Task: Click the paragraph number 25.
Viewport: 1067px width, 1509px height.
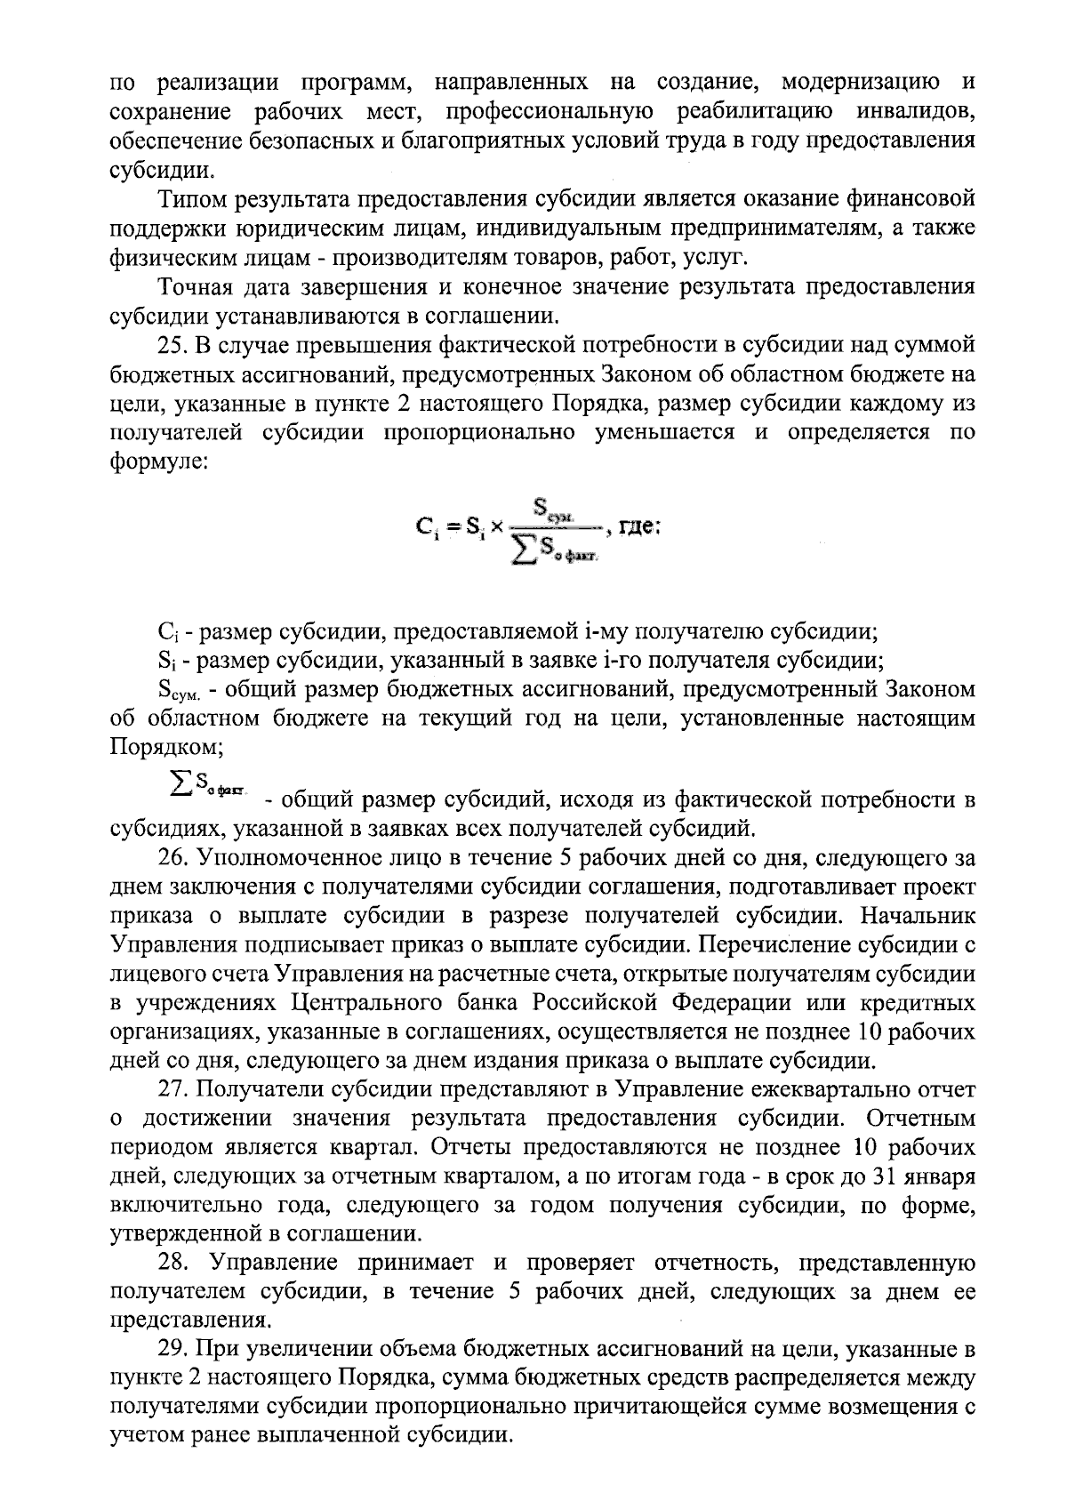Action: (171, 345)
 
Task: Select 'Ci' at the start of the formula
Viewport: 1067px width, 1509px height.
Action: (426, 527)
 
